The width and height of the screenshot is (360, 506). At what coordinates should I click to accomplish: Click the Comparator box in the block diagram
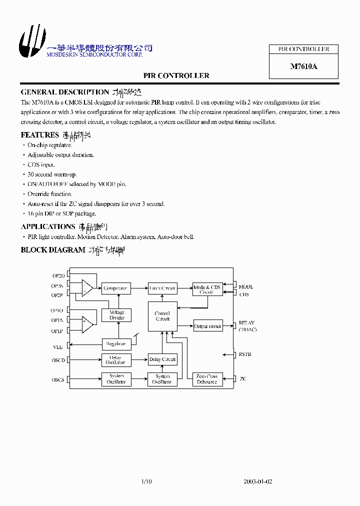115,288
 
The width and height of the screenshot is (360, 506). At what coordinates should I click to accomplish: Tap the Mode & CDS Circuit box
206,289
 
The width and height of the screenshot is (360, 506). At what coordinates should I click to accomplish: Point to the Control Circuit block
162,316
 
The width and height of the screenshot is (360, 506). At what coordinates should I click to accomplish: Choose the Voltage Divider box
116,315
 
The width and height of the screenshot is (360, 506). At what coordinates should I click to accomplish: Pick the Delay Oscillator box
115,360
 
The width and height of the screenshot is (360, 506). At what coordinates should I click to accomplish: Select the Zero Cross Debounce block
206,379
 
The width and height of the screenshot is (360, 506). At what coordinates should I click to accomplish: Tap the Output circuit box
207,326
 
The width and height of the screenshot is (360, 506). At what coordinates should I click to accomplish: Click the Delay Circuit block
162,359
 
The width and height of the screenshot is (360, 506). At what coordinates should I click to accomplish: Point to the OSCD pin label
58,360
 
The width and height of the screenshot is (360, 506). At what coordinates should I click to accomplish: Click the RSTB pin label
245,354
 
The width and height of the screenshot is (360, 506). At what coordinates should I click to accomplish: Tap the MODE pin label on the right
245,286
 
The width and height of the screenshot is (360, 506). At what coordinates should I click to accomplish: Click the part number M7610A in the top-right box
303,66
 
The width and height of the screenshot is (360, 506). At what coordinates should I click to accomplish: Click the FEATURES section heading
40,135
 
